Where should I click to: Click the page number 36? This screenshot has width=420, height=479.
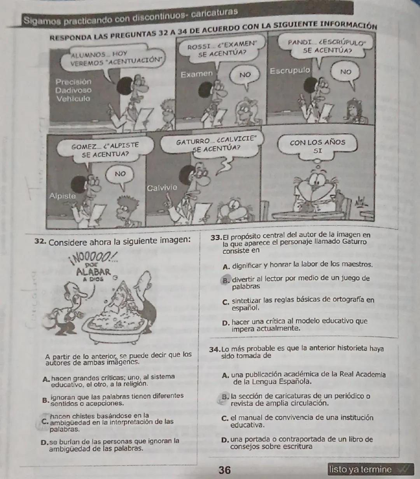[x=224, y=470]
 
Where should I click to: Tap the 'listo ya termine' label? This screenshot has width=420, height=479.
[x=360, y=469]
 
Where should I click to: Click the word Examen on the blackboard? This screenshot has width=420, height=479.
[x=197, y=74]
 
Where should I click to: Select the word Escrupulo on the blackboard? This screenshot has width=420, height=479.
[x=290, y=71]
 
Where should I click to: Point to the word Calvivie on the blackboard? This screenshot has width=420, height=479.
[x=162, y=188]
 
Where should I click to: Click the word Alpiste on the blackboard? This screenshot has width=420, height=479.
[x=63, y=196]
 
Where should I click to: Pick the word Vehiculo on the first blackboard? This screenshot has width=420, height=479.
[x=73, y=99]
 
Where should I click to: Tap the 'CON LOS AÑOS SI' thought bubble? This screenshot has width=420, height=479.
[x=317, y=147]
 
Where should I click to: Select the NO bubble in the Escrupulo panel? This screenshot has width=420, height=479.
[x=345, y=72]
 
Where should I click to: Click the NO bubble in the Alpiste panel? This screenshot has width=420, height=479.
[x=120, y=174]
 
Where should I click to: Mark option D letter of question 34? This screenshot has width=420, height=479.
[x=224, y=440]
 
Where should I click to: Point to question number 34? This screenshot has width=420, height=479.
[x=215, y=349]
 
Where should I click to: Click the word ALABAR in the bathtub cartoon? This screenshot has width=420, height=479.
[x=94, y=271]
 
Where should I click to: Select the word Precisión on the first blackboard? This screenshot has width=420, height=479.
[x=73, y=82]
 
